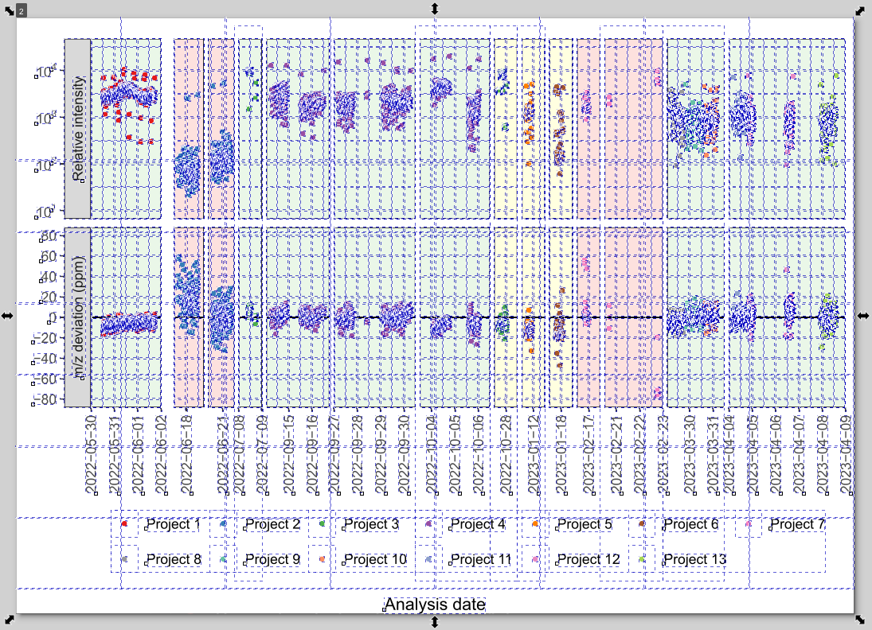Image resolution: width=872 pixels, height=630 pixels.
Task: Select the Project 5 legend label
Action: point(585,525)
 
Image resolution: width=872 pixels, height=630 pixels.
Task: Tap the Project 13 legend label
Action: point(694,560)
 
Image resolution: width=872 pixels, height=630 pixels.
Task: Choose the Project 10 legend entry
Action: point(375,560)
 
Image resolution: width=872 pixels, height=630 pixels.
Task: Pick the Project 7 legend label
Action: point(797,525)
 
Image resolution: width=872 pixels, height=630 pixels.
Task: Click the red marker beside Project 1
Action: point(125,525)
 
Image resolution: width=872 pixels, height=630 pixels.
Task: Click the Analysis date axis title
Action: point(435,605)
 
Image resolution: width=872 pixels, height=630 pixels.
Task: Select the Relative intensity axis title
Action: point(78,129)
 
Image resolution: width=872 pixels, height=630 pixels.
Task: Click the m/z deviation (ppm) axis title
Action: point(78,317)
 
